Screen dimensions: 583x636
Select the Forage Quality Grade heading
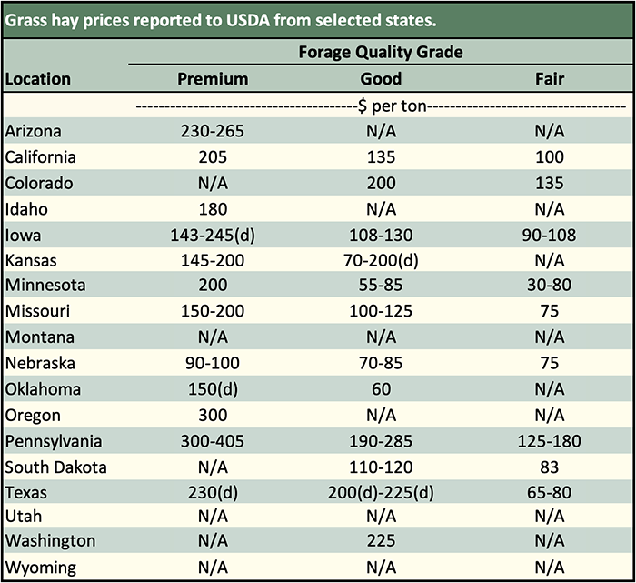click(x=381, y=52)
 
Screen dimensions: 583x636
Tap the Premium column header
click(x=213, y=78)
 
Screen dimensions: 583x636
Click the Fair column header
click(x=550, y=78)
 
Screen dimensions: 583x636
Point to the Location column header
click(x=38, y=78)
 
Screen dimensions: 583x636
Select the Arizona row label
click(x=32, y=132)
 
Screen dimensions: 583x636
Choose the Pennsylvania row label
click(x=53, y=442)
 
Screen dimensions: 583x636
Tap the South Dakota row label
click(x=56, y=467)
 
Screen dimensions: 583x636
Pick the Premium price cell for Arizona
click(x=213, y=132)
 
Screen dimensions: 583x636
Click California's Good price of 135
click(x=382, y=157)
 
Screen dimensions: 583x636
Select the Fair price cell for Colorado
click(x=550, y=183)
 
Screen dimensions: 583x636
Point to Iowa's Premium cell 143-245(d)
click(x=213, y=235)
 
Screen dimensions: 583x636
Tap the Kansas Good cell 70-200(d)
click(x=382, y=260)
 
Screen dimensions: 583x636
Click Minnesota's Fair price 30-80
click(x=550, y=286)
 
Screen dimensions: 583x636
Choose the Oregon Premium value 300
click(x=213, y=416)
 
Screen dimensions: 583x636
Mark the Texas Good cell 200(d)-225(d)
click(x=382, y=493)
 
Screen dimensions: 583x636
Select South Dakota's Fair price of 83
click(x=550, y=467)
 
